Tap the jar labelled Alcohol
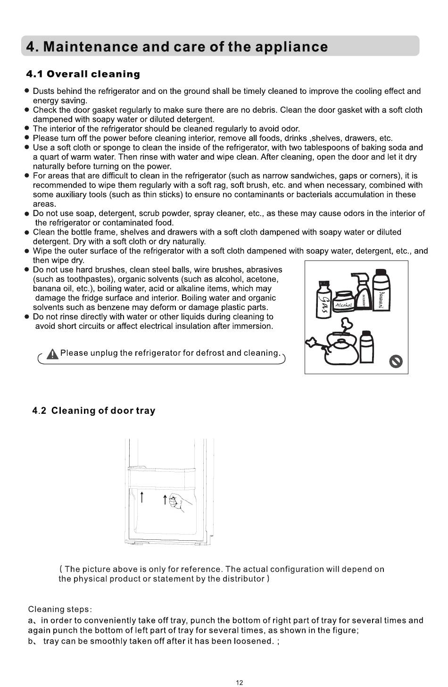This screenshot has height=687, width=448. pyautogui.click(x=344, y=301)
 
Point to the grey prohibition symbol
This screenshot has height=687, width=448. pyautogui.click(x=395, y=362)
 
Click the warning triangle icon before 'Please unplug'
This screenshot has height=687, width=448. pyautogui.click(x=53, y=353)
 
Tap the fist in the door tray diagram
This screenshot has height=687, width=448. pyautogui.click(x=176, y=501)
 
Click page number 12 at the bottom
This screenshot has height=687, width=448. pyautogui.click(x=239, y=682)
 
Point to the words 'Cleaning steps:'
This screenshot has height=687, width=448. pyautogui.click(x=60, y=609)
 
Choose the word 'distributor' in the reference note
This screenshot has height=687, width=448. pyautogui.click(x=244, y=578)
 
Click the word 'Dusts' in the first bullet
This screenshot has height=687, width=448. pyautogui.click(x=44, y=91)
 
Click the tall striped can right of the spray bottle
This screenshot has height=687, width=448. pyautogui.click(x=381, y=291)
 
